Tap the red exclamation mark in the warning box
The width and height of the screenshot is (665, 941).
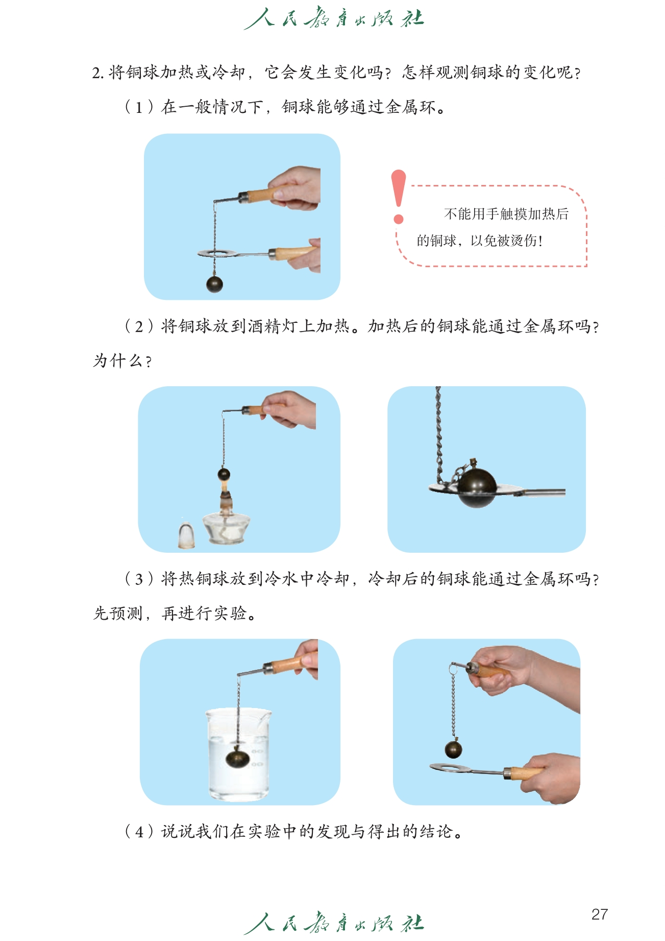pos(399,196)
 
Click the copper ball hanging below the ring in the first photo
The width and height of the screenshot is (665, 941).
pos(214,284)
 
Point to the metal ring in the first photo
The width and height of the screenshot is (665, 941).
pos(217,252)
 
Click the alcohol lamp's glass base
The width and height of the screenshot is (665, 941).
pos(226,528)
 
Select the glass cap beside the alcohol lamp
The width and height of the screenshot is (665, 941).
pos(186,535)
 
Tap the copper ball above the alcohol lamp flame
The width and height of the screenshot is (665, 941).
pos(224,475)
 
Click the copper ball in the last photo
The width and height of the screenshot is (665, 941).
pos(453,749)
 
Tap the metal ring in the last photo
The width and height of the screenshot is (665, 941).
pos(452,768)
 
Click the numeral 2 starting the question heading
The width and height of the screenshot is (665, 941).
pos(96,73)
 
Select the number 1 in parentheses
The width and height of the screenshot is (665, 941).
pos(138,107)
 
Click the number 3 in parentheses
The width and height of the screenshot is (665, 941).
pos(138,579)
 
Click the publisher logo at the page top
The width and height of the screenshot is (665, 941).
pos(334,18)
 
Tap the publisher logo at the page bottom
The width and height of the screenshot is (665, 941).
pos(334,923)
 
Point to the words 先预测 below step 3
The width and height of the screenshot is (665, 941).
pos(118,613)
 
